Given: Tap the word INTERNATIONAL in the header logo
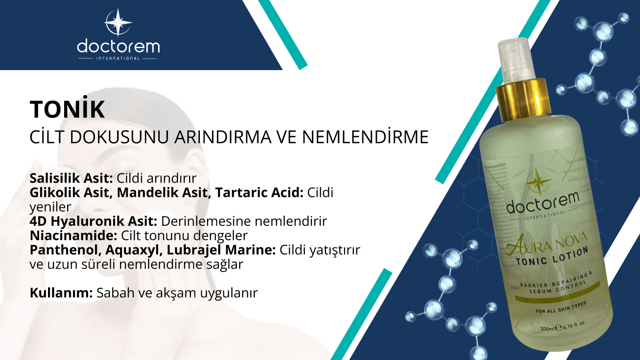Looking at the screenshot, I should [118, 58].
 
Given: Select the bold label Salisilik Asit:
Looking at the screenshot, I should [72, 179].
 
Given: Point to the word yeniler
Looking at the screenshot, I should [50, 207].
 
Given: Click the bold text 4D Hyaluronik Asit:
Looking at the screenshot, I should [94, 221].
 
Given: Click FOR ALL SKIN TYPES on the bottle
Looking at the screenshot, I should [560, 308].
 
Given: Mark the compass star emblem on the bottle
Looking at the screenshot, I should [535, 180].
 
